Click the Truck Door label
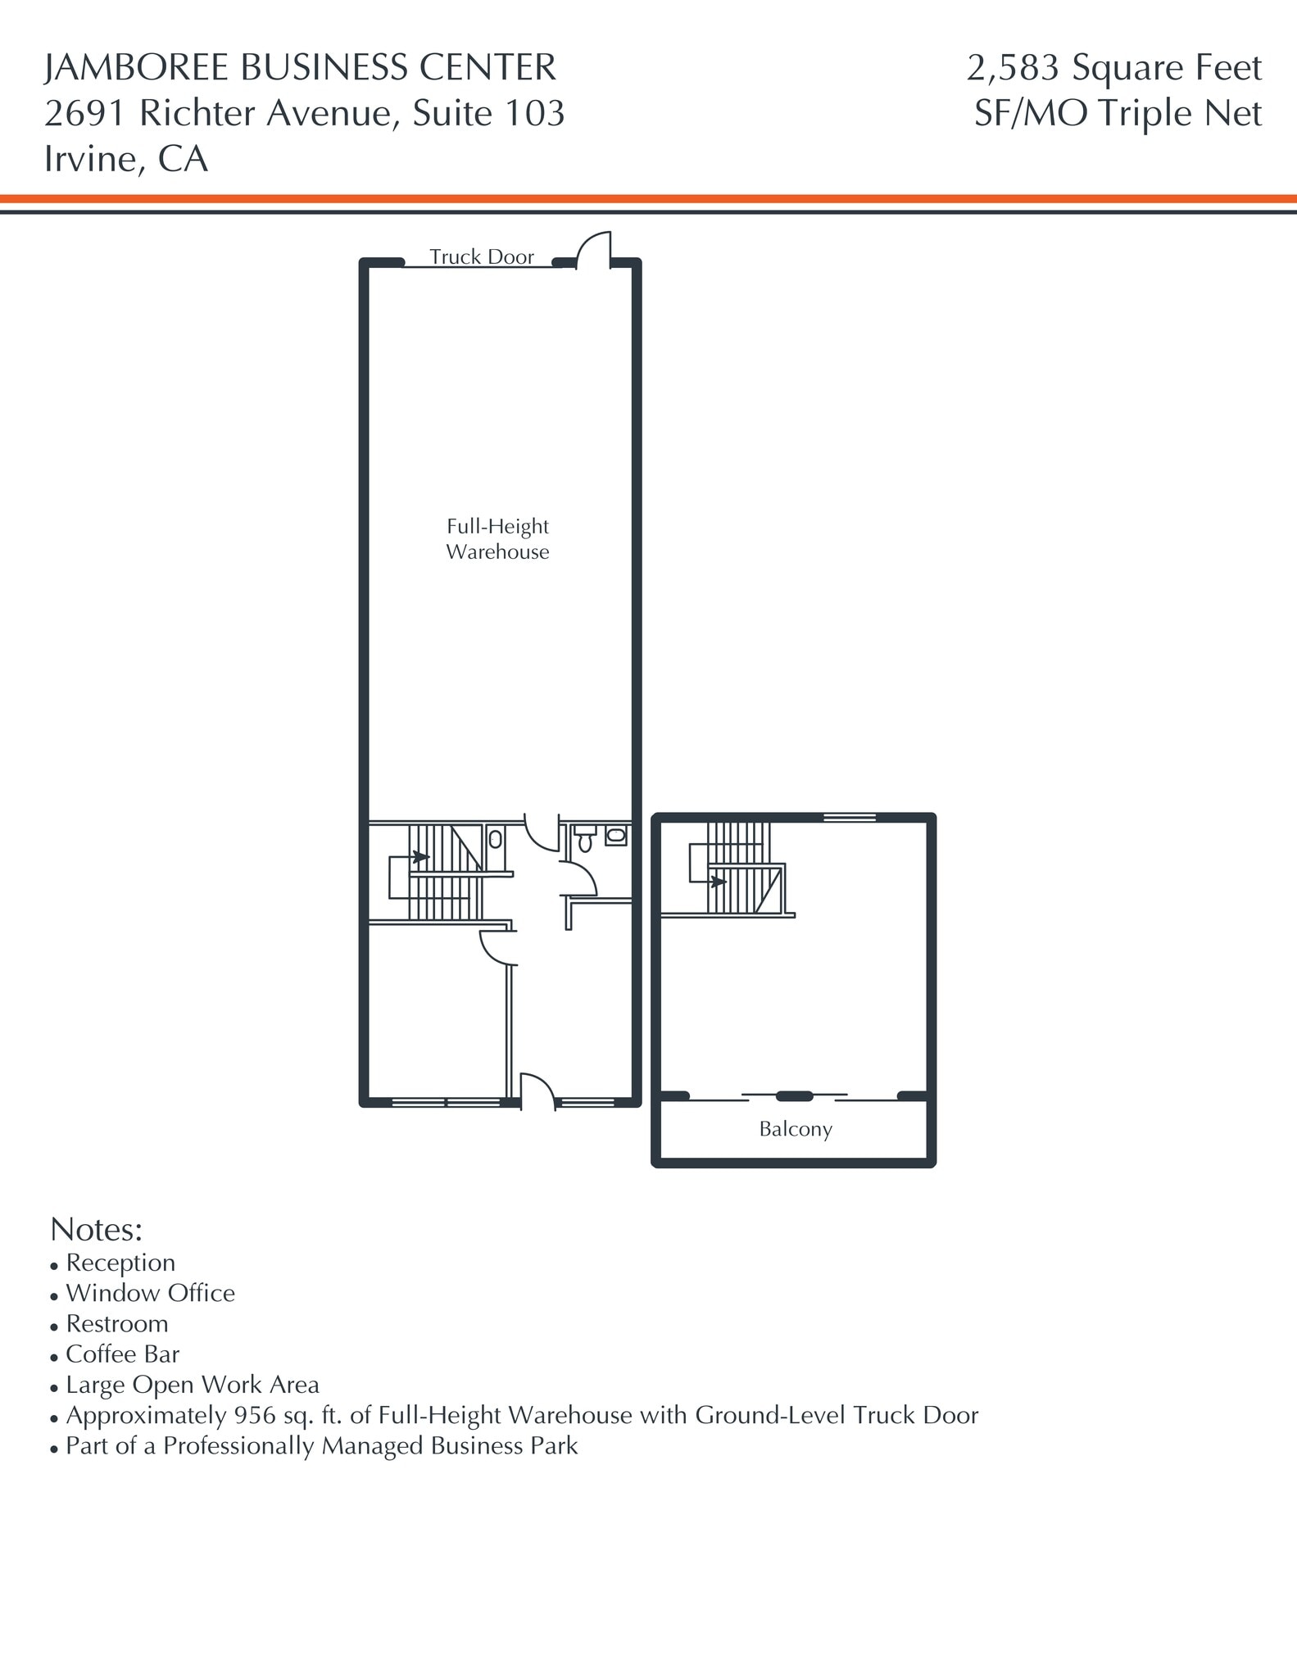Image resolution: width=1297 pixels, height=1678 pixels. coord(481,257)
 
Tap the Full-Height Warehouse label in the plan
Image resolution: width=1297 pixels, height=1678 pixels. coord(497,539)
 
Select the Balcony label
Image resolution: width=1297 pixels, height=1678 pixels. coord(795,1129)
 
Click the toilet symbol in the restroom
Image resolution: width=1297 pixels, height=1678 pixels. coord(584,839)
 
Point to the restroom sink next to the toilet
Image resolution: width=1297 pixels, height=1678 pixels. coord(616,836)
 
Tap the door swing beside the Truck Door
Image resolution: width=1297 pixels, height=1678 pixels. coord(594,250)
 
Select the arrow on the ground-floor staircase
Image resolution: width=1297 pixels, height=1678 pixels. coord(420,857)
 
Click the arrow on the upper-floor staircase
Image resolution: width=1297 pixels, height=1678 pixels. coord(718,882)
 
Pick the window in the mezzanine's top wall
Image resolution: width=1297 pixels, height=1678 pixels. coord(849,817)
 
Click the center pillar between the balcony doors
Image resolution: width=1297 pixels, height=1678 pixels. coord(794,1096)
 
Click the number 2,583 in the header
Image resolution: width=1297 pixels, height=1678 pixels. coord(1013,68)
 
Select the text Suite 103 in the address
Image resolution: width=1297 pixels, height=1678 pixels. coord(488,113)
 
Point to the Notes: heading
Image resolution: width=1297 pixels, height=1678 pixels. coord(97,1229)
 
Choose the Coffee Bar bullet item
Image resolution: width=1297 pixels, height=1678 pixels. coord(122,1354)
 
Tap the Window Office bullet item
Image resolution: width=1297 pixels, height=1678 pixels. coord(150,1293)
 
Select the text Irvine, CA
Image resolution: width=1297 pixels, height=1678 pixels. coord(126,159)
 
